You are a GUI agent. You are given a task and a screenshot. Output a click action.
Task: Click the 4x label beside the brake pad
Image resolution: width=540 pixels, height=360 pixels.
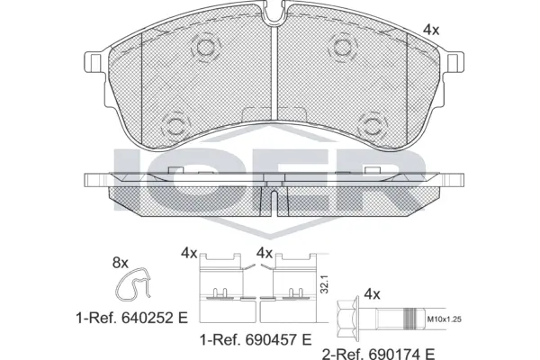click(431, 30)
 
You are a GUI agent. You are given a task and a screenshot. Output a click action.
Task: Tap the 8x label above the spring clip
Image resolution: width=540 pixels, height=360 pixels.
click(120, 263)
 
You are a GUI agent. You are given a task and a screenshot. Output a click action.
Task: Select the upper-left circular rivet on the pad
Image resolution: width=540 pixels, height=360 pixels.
click(205, 48)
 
